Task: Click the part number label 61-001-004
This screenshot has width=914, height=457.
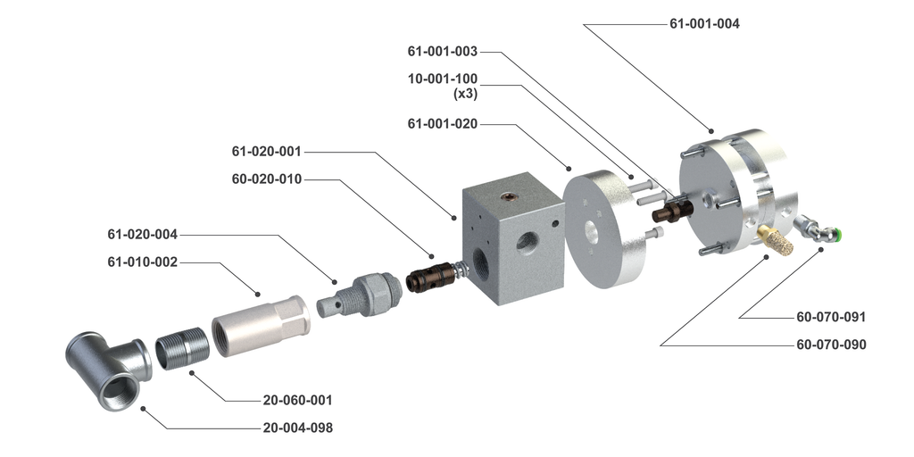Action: tap(704, 24)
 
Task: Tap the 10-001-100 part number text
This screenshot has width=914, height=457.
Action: tap(443, 79)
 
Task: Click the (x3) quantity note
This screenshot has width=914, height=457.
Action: tap(465, 94)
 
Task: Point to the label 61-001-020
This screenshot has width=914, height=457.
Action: tap(443, 124)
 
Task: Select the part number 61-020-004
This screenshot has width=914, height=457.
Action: tap(143, 235)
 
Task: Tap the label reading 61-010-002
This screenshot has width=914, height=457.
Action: tap(143, 262)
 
